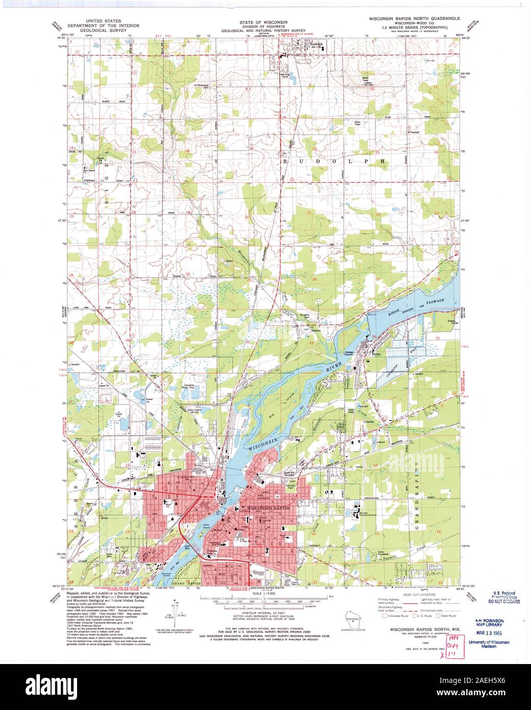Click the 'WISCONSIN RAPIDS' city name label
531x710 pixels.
click(x=269, y=509)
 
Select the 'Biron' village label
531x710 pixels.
click(x=377, y=353)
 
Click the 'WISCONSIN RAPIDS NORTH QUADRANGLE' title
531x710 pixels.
click(x=419, y=18)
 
